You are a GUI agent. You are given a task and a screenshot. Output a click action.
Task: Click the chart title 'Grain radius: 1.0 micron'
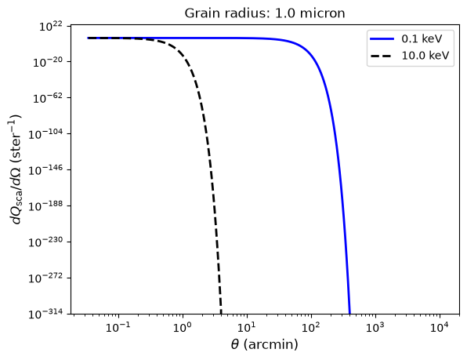coord(265,13)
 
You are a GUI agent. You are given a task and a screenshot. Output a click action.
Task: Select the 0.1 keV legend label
coord(422,38)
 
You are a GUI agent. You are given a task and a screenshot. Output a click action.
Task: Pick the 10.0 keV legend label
coord(425,56)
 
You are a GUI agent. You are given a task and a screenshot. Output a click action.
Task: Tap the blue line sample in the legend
coord(382,38)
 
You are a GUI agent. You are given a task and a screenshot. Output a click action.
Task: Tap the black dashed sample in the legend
coord(382,56)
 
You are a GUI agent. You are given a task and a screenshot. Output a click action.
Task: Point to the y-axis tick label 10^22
coord(51,27)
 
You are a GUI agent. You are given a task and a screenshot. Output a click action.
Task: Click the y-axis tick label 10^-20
coord(48,62)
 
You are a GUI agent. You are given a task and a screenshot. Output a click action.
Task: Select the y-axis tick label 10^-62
coord(48,98)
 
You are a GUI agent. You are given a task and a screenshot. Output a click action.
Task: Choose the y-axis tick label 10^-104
coord(45,134)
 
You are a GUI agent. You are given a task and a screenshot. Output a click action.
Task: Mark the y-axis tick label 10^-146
coord(45,170)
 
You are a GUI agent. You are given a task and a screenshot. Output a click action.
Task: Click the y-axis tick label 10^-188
coord(45,206)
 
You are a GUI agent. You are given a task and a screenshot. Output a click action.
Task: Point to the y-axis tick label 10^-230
coord(45,242)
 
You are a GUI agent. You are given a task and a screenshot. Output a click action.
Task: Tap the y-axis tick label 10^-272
coord(45,278)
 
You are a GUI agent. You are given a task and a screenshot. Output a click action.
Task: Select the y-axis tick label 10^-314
coord(45,314)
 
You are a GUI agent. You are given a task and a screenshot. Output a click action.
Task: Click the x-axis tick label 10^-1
coord(118,328)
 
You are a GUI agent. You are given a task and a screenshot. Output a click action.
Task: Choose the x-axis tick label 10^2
coord(311,328)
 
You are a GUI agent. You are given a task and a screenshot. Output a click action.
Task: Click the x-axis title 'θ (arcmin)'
coord(265,345)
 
